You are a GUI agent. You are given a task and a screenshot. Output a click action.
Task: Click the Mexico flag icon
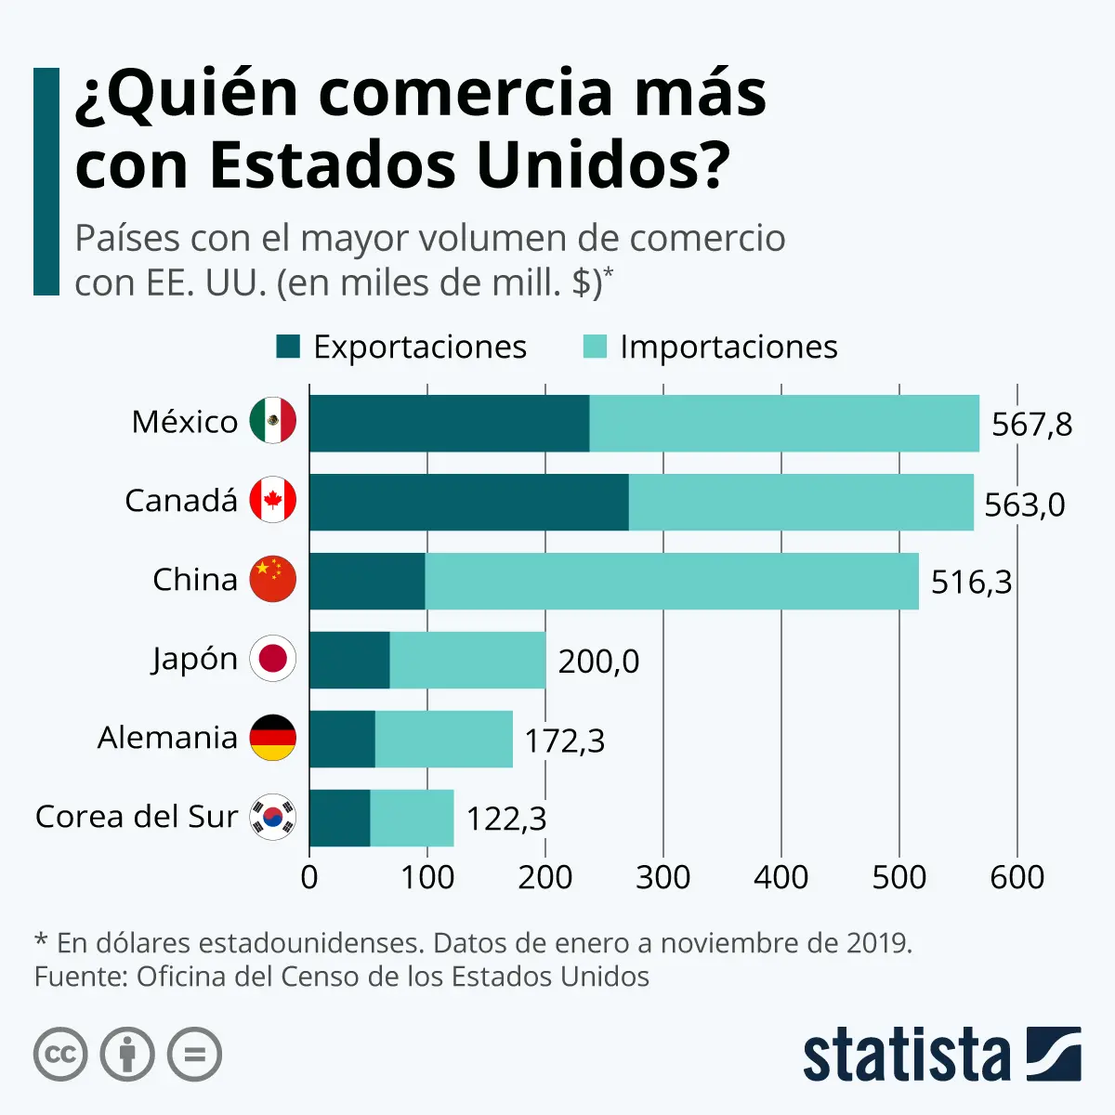click(273, 421)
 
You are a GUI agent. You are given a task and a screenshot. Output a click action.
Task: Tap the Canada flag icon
click(273, 501)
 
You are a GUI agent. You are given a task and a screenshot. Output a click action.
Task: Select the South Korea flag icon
click(273, 818)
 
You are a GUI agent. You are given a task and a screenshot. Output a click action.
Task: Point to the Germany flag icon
click(273, 738)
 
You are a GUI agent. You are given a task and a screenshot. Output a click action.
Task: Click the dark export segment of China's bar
click(367, 582)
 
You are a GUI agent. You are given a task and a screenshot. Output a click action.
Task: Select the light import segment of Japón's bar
click(467, 661)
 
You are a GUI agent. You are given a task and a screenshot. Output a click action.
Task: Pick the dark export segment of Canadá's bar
click(468, 503)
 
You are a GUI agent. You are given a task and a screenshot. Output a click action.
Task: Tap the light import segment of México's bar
click(784, 424)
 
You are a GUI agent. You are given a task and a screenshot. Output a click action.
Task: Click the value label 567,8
click(1031, 425)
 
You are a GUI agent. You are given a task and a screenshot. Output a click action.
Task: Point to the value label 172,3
click(564, 741)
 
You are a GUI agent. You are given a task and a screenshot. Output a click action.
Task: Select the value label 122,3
click(505, 820)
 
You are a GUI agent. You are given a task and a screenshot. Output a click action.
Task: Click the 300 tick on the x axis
click(662, 877)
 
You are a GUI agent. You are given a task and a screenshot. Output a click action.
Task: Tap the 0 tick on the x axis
click(309, 877)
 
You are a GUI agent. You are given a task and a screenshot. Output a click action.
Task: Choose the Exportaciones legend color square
click(288, 347)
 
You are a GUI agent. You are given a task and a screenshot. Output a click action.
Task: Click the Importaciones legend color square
click(595, 347)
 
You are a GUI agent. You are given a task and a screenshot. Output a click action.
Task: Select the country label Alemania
click(167, 738)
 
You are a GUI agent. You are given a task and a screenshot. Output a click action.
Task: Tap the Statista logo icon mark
click(1054, 1054)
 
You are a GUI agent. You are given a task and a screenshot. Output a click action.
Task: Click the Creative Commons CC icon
click(60, 1055)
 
